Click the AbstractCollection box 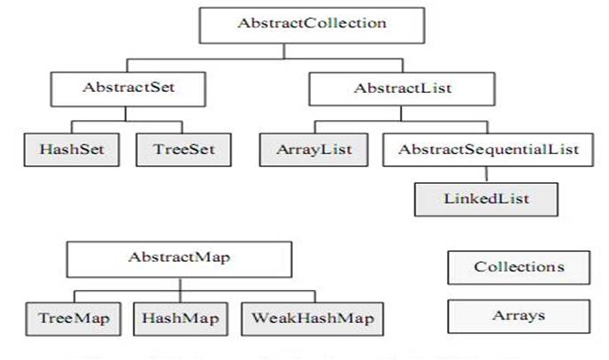312,24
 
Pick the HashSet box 72,149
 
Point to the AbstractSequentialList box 488,149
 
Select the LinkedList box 487,199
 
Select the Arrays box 519,314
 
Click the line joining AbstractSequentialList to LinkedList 487,173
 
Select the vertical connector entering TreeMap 73,295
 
